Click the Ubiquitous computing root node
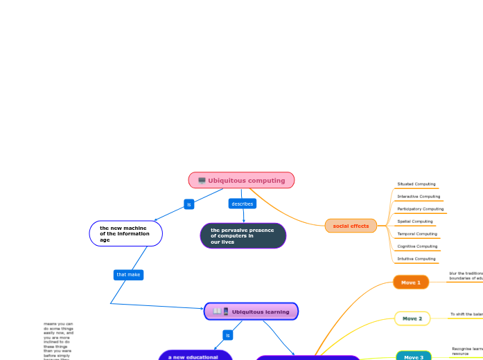(242, 181)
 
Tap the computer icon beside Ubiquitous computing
(202, 181)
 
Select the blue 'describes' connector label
(243, 204)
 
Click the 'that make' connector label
(128, 275)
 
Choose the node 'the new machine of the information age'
(125, 234)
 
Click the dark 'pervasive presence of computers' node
(243, 235)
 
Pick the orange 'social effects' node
(351, 226)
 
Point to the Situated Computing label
(416, 184)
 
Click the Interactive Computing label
(419, 197)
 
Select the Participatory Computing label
(421, 209)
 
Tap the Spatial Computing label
(415, 222)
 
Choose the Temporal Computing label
(417, 234)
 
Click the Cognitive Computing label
(417, 246)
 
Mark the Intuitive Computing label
(416, 259)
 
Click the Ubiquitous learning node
(252, 312)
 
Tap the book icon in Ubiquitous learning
(218, 312)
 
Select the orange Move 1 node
(411, 282)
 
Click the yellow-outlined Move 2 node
(412, 318)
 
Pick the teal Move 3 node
(413, 357)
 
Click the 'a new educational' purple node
(195, 356)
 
